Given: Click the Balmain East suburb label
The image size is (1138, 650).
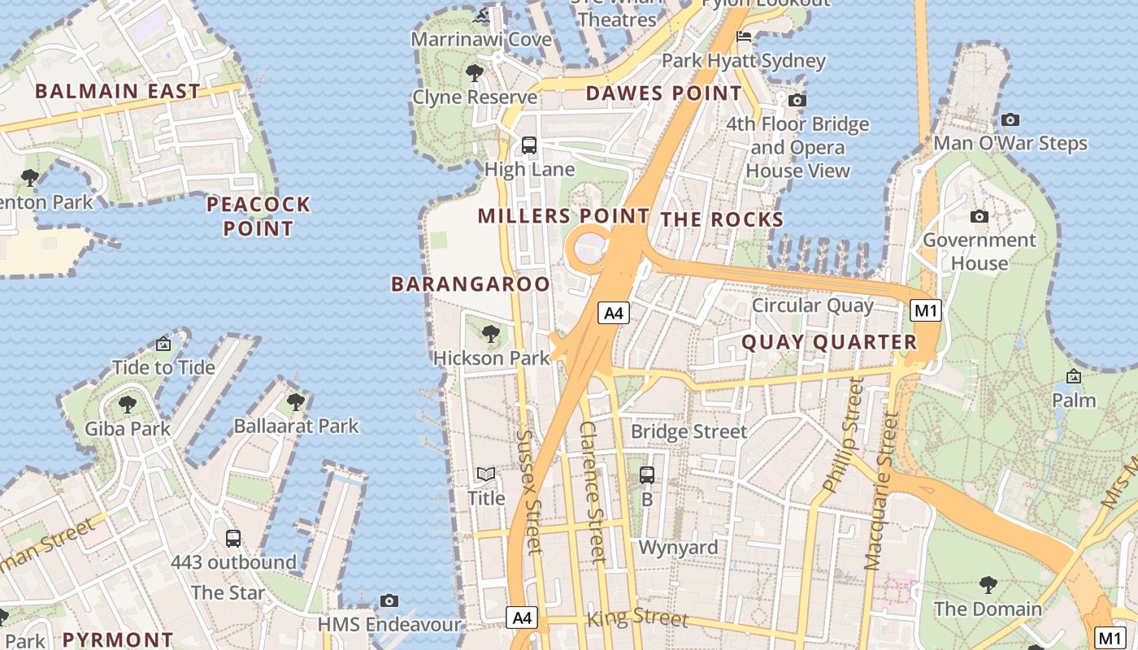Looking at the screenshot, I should (117, 91).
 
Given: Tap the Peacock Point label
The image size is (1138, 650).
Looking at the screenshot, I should (258, 216).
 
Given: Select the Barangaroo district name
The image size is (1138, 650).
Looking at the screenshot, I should (471, 284).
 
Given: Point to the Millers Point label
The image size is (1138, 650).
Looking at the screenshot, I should (563, 216).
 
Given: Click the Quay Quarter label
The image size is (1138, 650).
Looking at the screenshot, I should (829, 342).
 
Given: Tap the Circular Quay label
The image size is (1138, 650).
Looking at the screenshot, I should (812, 305).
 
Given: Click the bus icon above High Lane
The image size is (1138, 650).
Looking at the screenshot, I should (529, 145).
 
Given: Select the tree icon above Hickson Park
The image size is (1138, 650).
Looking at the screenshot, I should (490, 334).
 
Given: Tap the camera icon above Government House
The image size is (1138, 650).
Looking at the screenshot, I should (979, 216).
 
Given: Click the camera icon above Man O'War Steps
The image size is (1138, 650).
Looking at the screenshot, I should (1010, 120).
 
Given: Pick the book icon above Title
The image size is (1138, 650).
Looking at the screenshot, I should (486, 474).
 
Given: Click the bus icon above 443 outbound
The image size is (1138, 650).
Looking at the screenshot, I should (233, 538).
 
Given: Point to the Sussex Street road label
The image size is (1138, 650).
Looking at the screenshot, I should (529, 492).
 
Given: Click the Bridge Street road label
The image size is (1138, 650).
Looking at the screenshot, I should (688, 431).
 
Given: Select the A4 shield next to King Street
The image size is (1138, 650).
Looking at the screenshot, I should (522, 617).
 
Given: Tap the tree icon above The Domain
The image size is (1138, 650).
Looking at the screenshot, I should (988, 584).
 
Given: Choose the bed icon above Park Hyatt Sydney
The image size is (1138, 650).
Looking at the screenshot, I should (744, 37).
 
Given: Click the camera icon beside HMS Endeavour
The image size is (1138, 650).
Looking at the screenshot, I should (389, 601).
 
